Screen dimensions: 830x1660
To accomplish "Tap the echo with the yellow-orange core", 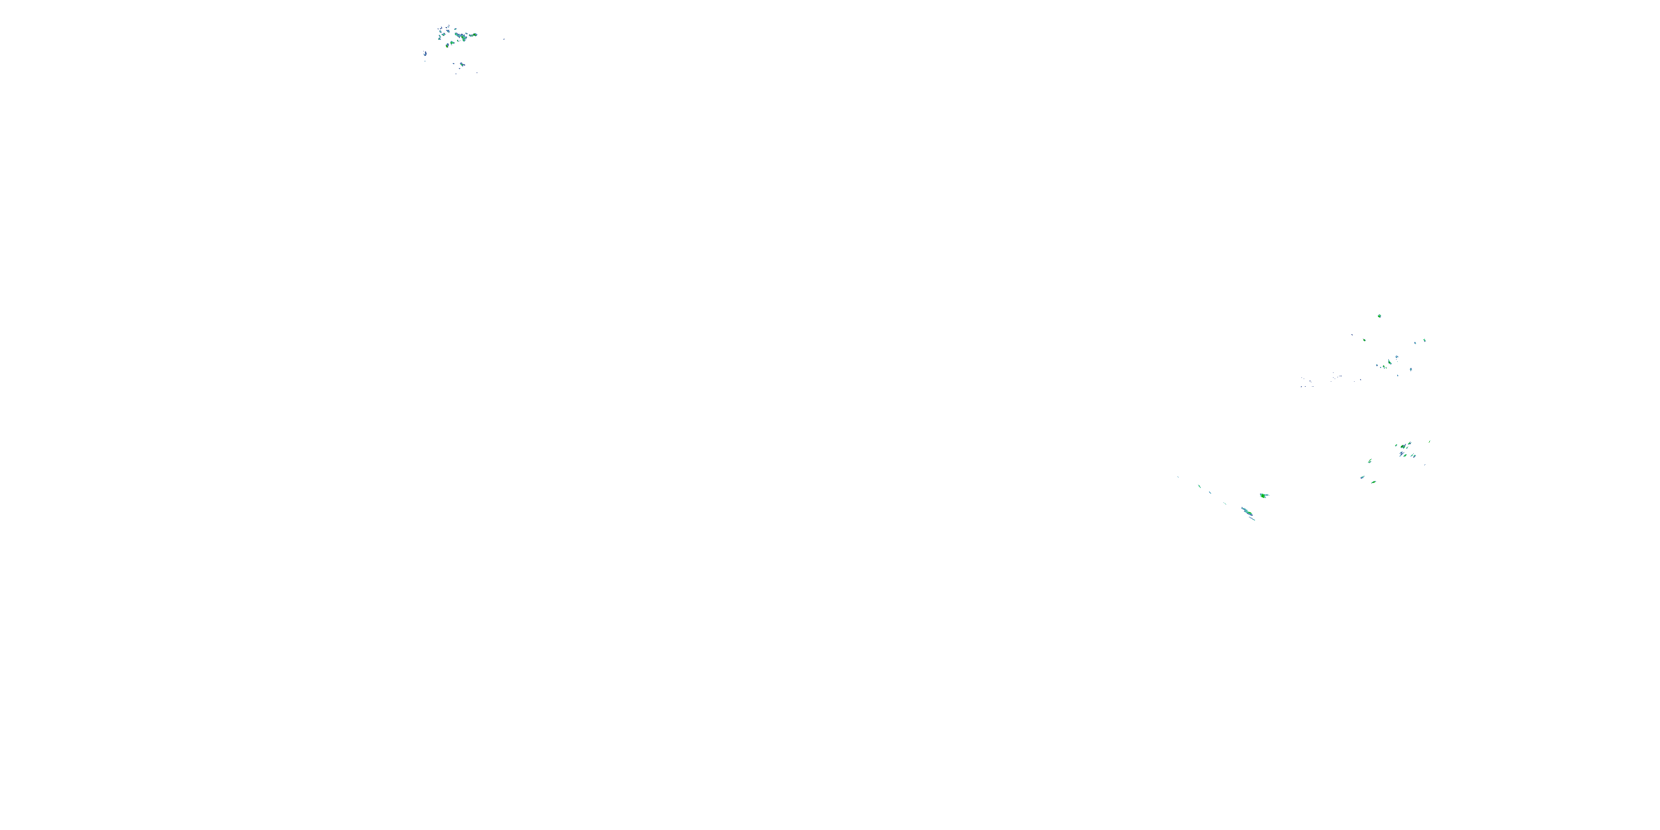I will [x=447, y=47].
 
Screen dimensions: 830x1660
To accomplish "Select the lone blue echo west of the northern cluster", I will [x=426, y=54].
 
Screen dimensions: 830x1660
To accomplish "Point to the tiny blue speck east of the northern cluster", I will [x=505, y=39].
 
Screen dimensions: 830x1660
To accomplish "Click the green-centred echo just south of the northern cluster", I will [x=462, y=65].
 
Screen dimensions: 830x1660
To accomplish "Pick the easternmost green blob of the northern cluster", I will [x=475, y=35].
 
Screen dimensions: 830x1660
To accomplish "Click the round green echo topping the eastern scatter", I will [x=1379, y=317].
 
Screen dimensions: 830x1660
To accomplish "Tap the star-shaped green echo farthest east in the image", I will [x=1425, y=340].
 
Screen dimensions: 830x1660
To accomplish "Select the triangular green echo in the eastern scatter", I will [x=1390, y=363].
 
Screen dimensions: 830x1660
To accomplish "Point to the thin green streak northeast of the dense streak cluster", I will [x=1430, y=442].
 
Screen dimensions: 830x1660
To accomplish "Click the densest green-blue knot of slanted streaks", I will [x=1403, y=447].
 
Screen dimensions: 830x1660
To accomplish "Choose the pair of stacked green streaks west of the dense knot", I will [x=1370, y=461].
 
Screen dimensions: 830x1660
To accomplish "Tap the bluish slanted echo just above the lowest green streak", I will [x=1362, y=478].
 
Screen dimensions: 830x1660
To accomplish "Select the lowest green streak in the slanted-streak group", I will [x=1374, y=482].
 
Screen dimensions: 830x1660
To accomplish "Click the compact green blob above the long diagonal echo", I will [x=1263, y=496].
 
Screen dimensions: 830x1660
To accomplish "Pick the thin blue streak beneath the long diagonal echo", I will [x=1252, y=519].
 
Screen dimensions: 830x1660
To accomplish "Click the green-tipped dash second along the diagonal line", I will [x=1200, y=486].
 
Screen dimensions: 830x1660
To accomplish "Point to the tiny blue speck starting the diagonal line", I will [x=1179, y=478].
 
